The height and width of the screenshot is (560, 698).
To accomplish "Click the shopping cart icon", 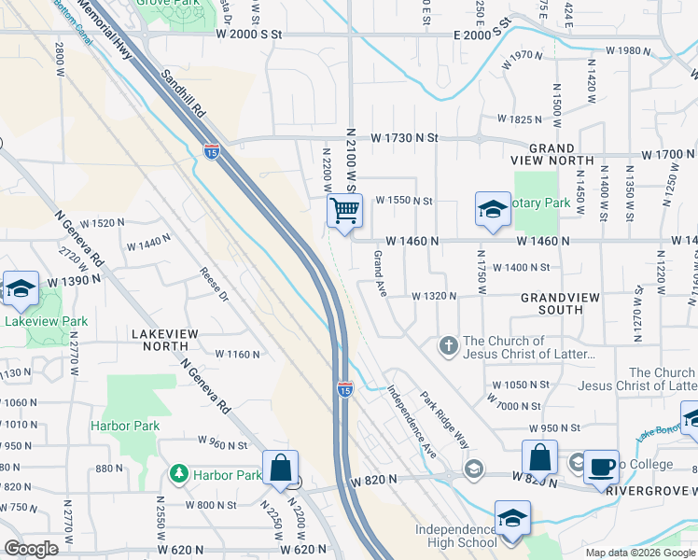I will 344,212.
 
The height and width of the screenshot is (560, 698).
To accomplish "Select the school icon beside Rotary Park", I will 493,210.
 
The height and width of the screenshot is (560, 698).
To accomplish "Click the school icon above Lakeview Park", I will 20,289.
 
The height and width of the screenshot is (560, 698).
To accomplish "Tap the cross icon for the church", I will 448,346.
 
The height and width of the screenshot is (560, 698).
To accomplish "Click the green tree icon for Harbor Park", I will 178,474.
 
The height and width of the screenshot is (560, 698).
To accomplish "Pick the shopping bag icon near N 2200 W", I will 280,469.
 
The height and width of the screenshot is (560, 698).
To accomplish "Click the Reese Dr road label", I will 214,285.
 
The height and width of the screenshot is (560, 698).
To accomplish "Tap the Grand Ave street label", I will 381,268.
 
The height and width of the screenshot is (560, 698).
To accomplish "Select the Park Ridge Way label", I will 443,419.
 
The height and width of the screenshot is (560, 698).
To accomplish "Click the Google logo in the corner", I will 31,548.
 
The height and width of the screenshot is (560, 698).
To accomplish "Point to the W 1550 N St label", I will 404,201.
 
